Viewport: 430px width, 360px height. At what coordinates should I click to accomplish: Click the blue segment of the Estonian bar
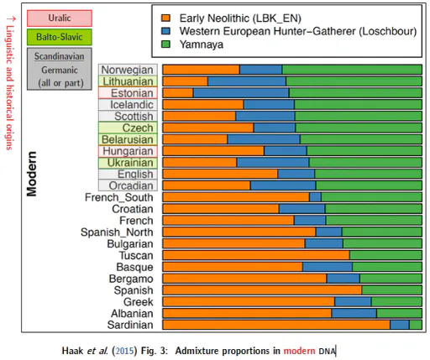[241, 93]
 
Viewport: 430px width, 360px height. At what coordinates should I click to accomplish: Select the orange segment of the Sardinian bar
[276, 325]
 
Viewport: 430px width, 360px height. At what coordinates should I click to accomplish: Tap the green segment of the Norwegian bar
[352, 70]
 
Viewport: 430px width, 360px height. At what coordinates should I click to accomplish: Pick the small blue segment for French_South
[315, 197]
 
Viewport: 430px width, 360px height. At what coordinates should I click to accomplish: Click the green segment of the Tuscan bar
[385, 255]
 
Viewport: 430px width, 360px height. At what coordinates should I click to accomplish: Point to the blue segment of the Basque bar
[328, 267]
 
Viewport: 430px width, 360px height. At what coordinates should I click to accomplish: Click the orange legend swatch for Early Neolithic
[165, 18]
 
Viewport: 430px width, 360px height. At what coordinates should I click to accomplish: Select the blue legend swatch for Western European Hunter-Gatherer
[165, 31]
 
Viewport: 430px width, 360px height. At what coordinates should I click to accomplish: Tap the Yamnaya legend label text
[202, 44]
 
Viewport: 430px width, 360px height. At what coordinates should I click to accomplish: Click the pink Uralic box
[60, 18]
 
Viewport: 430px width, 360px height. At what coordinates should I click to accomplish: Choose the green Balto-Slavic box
[60, 37]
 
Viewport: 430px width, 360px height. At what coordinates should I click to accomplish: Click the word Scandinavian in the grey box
[60, 56]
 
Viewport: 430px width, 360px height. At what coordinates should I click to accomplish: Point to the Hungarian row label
[128, 151]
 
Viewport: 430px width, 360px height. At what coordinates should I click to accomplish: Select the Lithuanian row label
[128, 81]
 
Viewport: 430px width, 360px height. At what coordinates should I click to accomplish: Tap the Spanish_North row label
[117, 232]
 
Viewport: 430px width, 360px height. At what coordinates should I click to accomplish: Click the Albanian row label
[132, 313]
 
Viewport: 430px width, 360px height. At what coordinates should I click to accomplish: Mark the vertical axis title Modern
[31, 174]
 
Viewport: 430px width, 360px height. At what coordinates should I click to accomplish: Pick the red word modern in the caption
[299, 351]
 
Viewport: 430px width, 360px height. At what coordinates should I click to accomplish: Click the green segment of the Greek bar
[396, 301]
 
